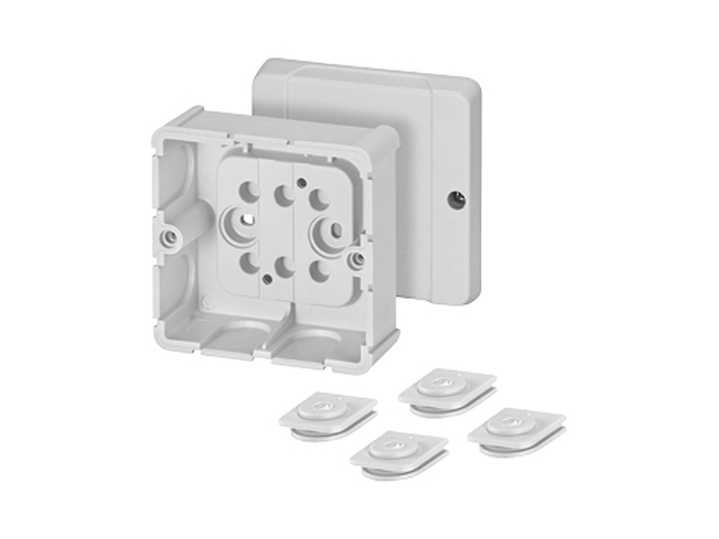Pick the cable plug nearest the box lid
pos(447,388)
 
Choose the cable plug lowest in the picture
pos(399,452)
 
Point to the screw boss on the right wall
pos(357,260)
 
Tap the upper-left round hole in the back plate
pos(250,189)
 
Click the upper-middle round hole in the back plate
pos(284,196)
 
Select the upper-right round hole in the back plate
pos(319,200)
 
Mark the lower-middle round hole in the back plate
pos(284,267)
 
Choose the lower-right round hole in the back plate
pos(319,272)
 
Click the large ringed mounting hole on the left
pos(242,223)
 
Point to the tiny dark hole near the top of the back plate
pos(301,182)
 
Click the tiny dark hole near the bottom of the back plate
pos(267,279)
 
